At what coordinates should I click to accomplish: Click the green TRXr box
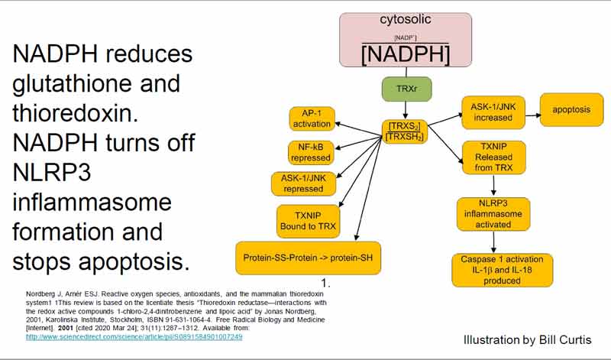[x=405, y=88]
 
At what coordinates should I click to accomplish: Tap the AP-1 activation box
[x=312, y=118]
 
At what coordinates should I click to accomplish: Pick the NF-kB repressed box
[x=311, y=151]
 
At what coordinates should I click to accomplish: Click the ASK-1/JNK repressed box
[x=298, y=183]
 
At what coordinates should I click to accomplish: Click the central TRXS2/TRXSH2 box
[x=405, y=131]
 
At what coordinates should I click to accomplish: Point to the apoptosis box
[x=571, y=110]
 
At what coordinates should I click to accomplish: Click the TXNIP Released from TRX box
[x=493, y=157]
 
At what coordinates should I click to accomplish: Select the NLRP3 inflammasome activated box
[x=493, y=213]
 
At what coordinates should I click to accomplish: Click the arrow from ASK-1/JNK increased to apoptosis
[x=532, y=112]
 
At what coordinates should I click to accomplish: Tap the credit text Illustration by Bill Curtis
[x=527, y=339]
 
